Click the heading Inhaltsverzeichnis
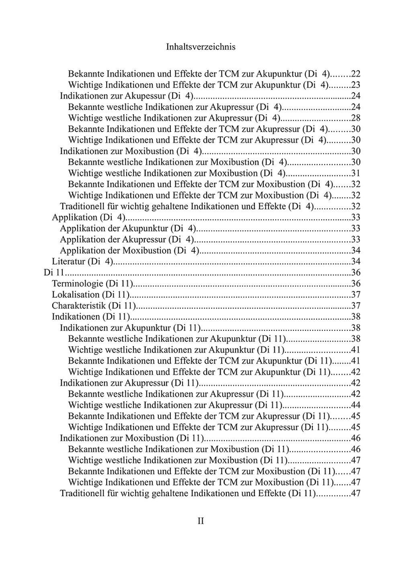tap(201, 46)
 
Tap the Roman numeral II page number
tap(201, 521)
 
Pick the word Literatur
tap(68, 261)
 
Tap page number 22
tap(355, 74)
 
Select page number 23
tap(355, 85)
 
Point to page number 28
tap(355, 118)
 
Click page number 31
tap(355, 173)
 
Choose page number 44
tap(355, 404)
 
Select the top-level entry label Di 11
tap(54, 273)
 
